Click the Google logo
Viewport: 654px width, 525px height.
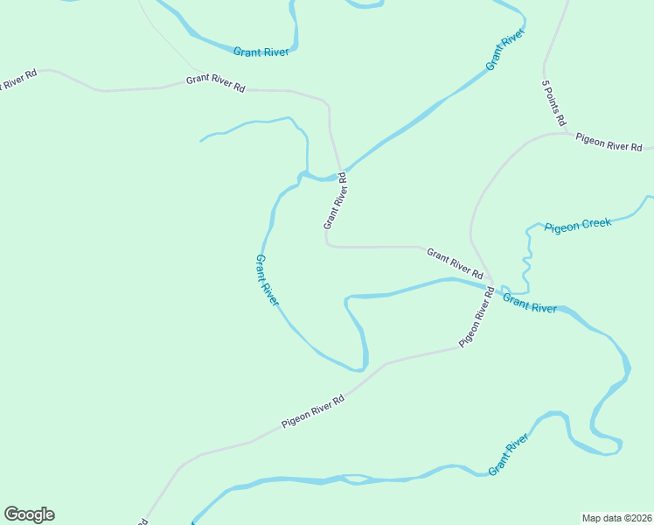29,514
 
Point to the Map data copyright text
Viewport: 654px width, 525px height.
616,517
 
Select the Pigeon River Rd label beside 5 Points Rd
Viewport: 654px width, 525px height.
609,142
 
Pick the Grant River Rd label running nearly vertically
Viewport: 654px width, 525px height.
336,200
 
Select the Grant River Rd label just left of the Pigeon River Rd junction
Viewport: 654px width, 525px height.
455,262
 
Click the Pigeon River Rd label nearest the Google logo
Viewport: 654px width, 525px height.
313,411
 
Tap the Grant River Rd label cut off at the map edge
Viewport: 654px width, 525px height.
17,81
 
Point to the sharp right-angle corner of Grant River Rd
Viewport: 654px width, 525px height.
327,245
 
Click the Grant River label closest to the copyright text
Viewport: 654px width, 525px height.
510,454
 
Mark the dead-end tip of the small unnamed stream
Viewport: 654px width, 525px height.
201,140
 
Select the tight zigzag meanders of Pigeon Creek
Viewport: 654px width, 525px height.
528,258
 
